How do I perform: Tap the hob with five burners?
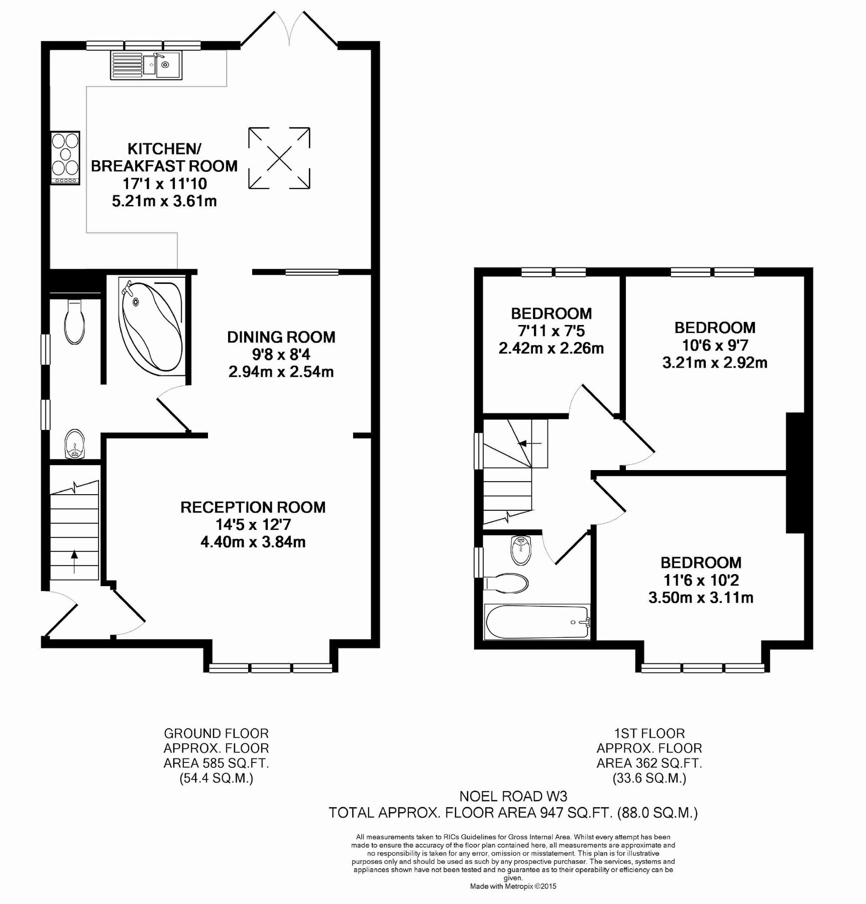65,158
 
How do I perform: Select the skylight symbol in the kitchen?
279,158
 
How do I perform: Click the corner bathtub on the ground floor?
150,326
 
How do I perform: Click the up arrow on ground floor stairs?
74,561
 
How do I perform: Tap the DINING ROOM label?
281,337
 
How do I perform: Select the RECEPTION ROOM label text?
253,507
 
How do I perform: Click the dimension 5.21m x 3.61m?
164,201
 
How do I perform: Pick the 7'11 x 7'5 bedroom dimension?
551,331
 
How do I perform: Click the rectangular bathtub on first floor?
536,622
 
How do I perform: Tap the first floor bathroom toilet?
507,583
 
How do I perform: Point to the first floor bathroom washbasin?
521,550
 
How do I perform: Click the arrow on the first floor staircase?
529,443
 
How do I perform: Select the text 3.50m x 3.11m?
700,598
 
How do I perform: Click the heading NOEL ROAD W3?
513,796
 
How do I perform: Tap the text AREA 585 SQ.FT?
216,763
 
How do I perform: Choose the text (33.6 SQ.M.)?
649,778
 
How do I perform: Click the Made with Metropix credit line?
513,886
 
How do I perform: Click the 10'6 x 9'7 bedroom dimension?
714,345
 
